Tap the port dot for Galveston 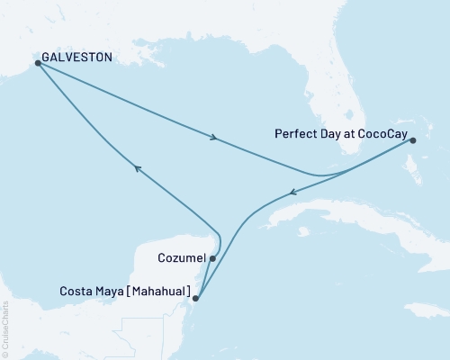pos(38,63)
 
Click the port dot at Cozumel pos(212,258)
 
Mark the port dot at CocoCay pos(412,140)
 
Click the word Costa pos(76,291)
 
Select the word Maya pos(111,291)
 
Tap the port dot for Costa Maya pos(196,300)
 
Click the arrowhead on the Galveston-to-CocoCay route pos(214,138)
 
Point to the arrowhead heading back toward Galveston pos(136,167)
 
